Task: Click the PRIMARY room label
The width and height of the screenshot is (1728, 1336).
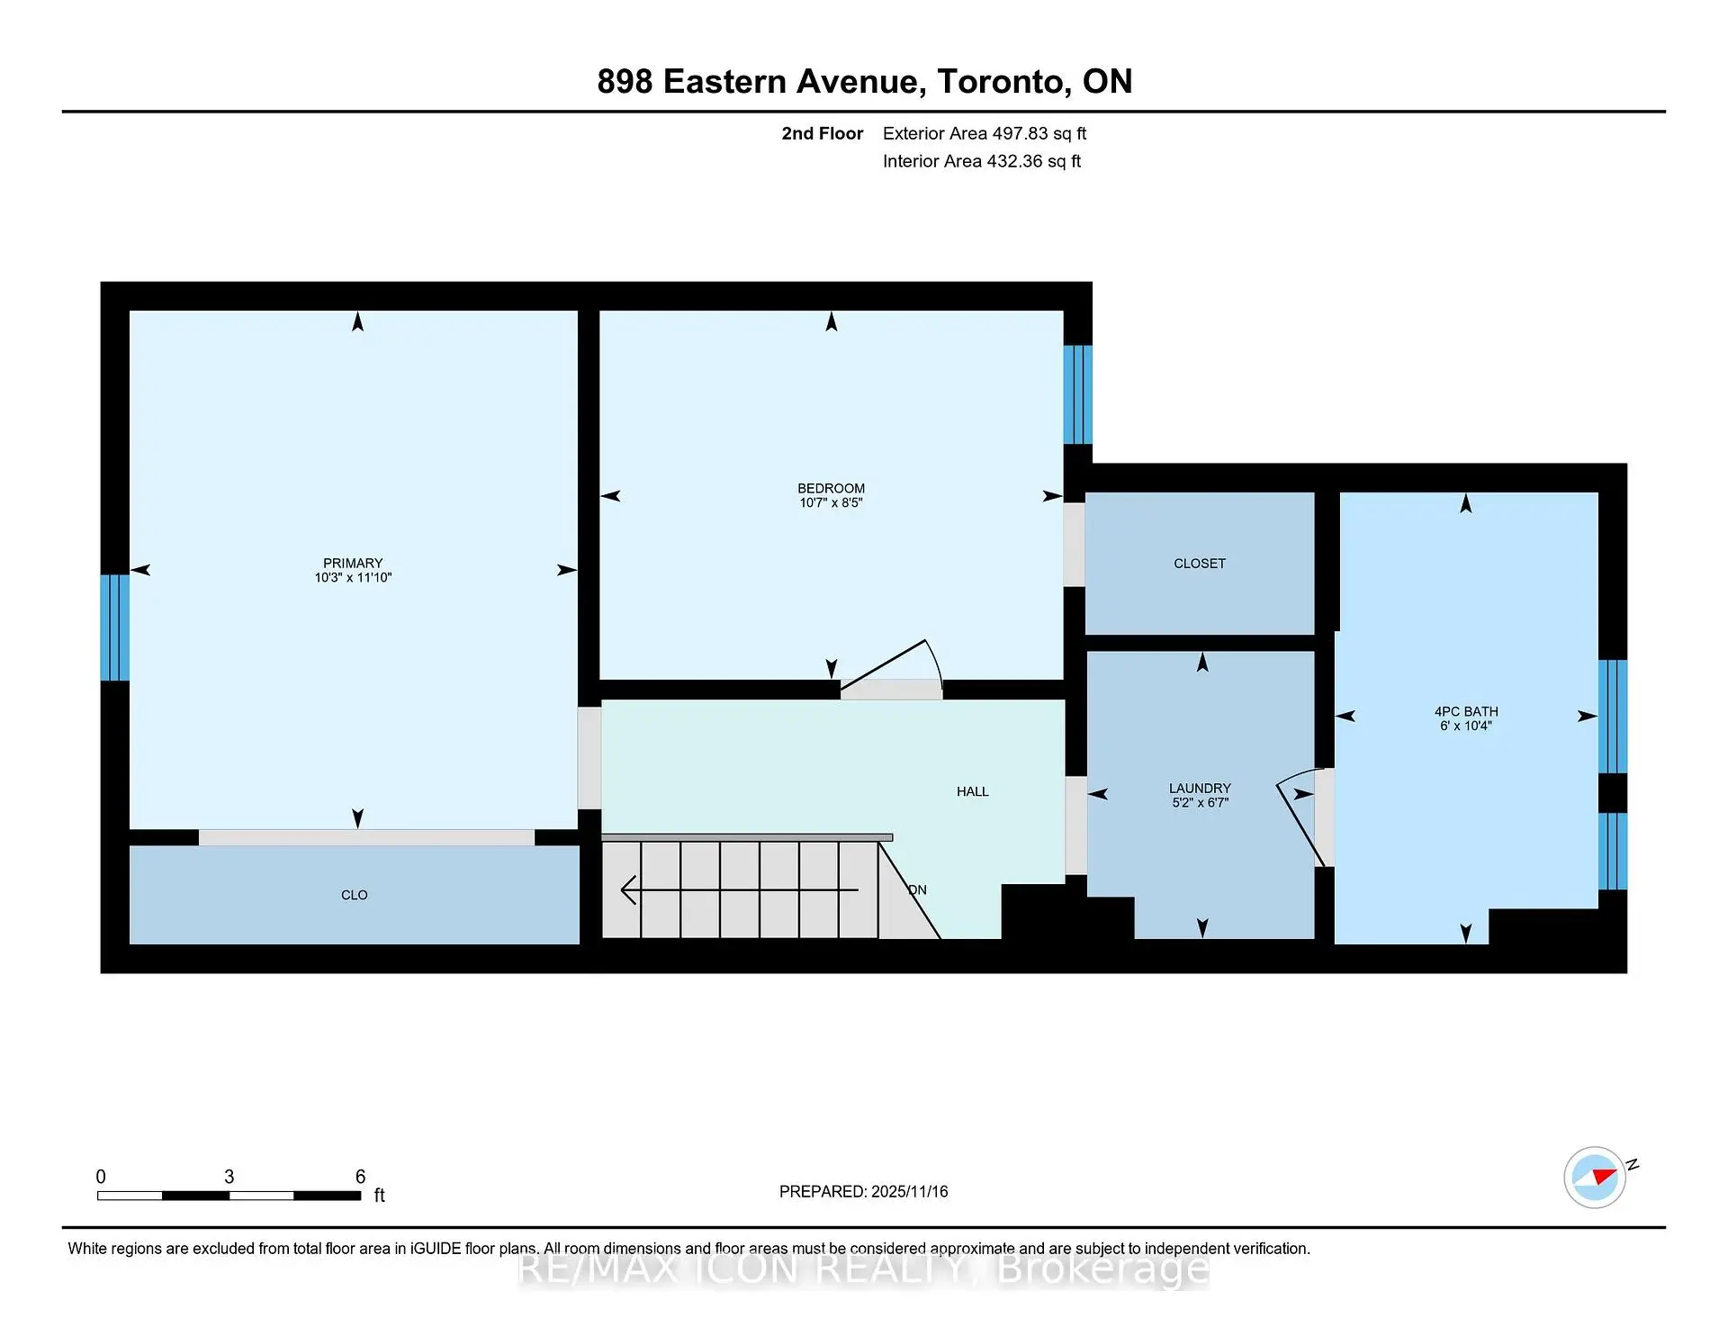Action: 353,563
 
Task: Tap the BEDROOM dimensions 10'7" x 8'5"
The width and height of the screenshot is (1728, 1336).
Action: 831,503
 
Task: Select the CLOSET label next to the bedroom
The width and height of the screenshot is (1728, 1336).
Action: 1199,564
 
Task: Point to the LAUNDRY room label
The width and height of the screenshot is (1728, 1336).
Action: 1200,788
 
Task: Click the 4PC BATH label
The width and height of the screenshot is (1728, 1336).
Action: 1465,711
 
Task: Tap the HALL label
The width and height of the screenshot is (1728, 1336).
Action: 972,791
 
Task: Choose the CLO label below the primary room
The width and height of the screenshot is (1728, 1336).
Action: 354,895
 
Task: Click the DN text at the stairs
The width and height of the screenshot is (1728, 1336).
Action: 917,889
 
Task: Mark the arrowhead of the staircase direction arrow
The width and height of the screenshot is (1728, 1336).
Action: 627,889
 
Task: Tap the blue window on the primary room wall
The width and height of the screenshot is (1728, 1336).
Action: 114,627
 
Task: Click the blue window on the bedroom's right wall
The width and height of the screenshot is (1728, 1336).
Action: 1077,394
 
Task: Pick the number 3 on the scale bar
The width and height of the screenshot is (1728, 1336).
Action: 229,1177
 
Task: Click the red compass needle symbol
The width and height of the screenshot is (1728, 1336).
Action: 1604,1175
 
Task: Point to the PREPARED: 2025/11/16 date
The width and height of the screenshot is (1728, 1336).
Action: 863,1191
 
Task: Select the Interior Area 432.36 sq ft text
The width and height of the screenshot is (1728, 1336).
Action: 981,161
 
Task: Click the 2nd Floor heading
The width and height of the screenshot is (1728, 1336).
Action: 822,133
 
